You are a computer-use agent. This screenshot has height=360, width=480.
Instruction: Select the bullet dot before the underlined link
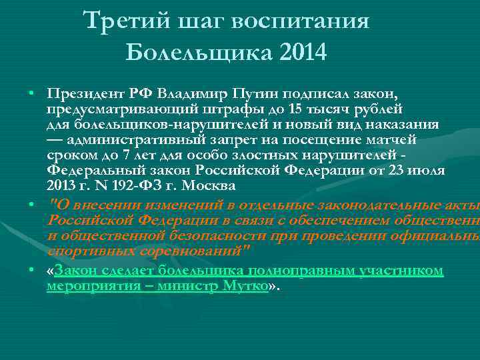coord(31,271)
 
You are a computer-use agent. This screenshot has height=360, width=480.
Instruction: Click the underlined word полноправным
coord(299,270)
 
